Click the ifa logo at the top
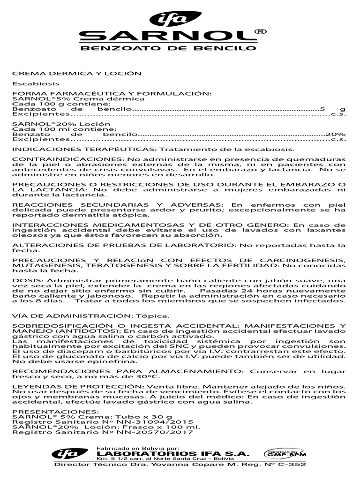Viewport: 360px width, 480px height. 174,19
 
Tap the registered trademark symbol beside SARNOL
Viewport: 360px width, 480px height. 262,32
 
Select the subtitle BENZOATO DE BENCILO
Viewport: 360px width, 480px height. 169,48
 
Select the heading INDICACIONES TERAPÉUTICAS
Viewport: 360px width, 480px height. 82,150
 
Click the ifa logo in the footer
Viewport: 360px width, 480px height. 63,454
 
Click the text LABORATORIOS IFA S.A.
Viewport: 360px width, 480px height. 172,453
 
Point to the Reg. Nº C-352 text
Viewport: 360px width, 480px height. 279,465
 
